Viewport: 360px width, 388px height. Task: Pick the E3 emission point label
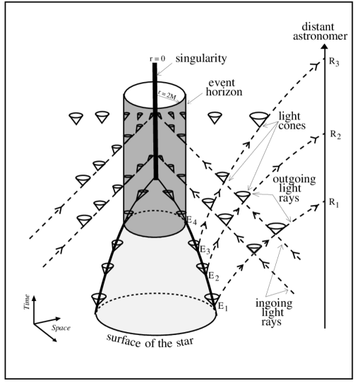205,249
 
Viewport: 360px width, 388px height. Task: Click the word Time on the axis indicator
26,304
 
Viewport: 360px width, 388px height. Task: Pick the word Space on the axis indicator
59,328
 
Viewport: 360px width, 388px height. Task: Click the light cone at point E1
210,298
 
